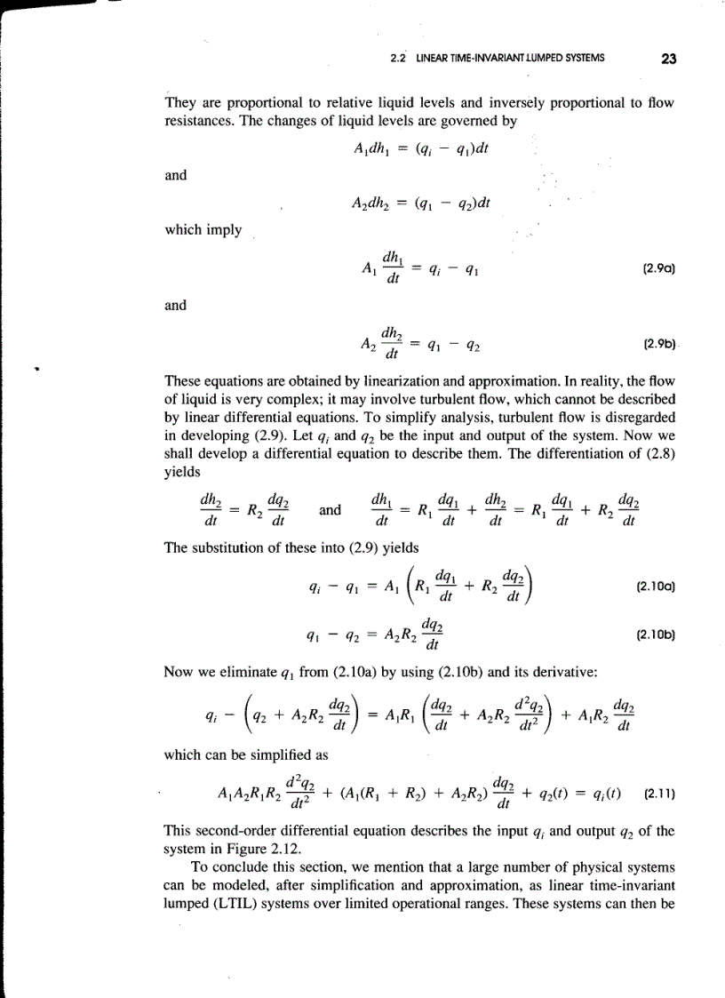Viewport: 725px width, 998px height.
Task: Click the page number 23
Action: pyautogui.click(x=669, y=60)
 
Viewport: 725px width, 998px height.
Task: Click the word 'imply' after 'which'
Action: pyautogui.click(x=225, y=229)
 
